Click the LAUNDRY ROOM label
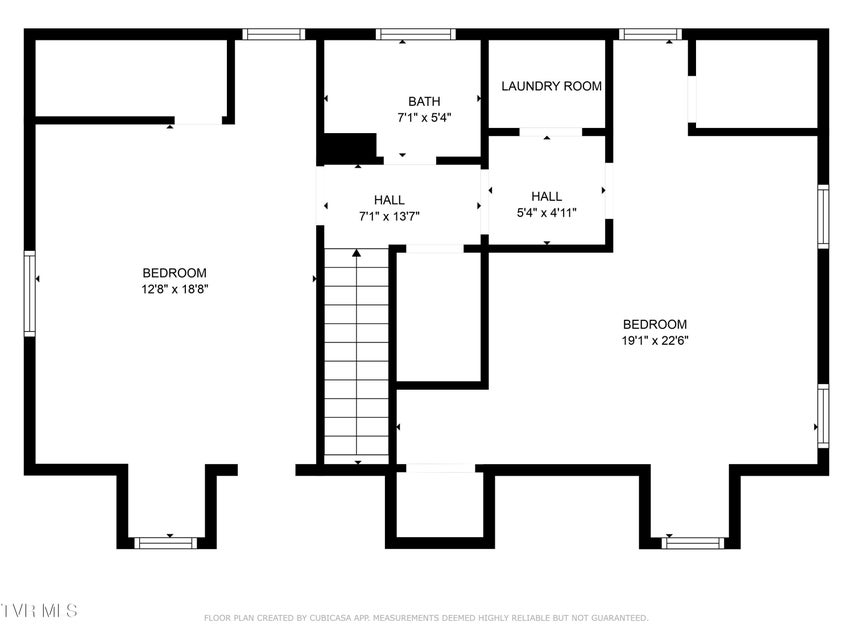pos(551,86)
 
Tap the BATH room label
pos(424,101)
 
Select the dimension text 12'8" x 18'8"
pos(175,290)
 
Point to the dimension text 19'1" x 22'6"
pos(655,341)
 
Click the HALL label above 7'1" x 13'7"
pos(389,200)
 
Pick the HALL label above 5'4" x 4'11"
pos(547,196)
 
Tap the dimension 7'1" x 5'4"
pos(424,118)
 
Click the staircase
pos(357,356)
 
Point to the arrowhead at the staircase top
pos(357,253)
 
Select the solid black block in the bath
pos(350,147)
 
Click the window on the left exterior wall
pos(29,293)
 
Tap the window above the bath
pos(416,34)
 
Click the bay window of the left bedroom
pos(165,543)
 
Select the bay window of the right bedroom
pos(693,543)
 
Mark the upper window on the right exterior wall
pos(823,217)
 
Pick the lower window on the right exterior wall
pos(823,416)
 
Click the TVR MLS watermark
pos(38,610)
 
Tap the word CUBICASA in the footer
pos(330,618)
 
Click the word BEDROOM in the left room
pos(175,273)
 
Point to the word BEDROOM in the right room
pos(655,325)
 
